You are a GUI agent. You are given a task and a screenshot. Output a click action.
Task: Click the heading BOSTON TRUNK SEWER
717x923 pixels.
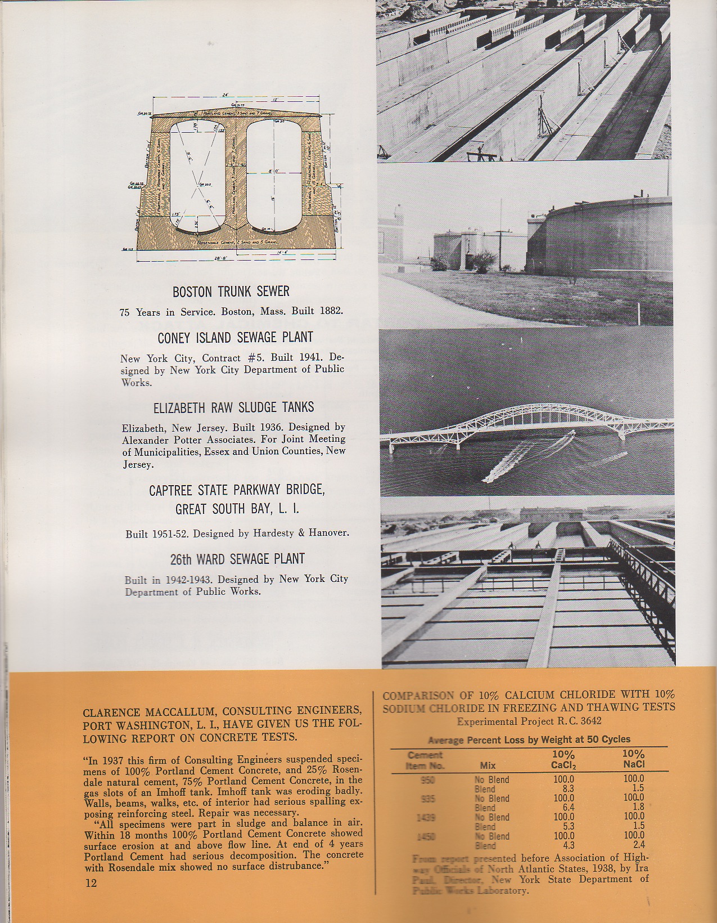tap(231, 292)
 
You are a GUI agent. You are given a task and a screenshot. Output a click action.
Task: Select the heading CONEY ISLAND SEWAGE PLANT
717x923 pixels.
tap(235, 338)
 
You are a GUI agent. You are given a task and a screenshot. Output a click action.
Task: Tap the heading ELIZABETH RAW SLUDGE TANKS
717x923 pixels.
tap(233, 407)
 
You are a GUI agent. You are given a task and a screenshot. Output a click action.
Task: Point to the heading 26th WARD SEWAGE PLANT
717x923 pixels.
tap(237, 559)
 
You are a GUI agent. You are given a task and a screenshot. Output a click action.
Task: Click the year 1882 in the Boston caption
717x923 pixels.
tap(331, 311)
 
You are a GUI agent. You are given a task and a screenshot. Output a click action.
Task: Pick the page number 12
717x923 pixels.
tap(91, 883)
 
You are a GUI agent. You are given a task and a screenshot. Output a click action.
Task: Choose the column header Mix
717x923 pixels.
tap(487, 765)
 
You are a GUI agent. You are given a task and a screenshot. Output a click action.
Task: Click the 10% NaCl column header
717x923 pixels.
tap(633, 759)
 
